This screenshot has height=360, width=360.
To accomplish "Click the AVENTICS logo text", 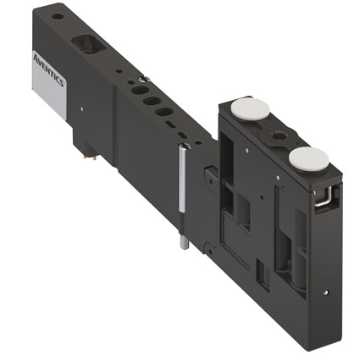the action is coord(49,69).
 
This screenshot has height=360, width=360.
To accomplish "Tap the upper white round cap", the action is coord(250,108).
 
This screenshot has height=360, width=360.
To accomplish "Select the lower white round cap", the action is coord(309,158).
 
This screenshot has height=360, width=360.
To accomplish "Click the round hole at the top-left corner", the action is coord(58,16).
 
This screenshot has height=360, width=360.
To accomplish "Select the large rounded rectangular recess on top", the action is coord(89,44).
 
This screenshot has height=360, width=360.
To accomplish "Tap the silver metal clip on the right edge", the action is coord(324,197).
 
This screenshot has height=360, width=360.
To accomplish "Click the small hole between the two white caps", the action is coord(276,136).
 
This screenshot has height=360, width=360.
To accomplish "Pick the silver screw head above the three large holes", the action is coord(144,79).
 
